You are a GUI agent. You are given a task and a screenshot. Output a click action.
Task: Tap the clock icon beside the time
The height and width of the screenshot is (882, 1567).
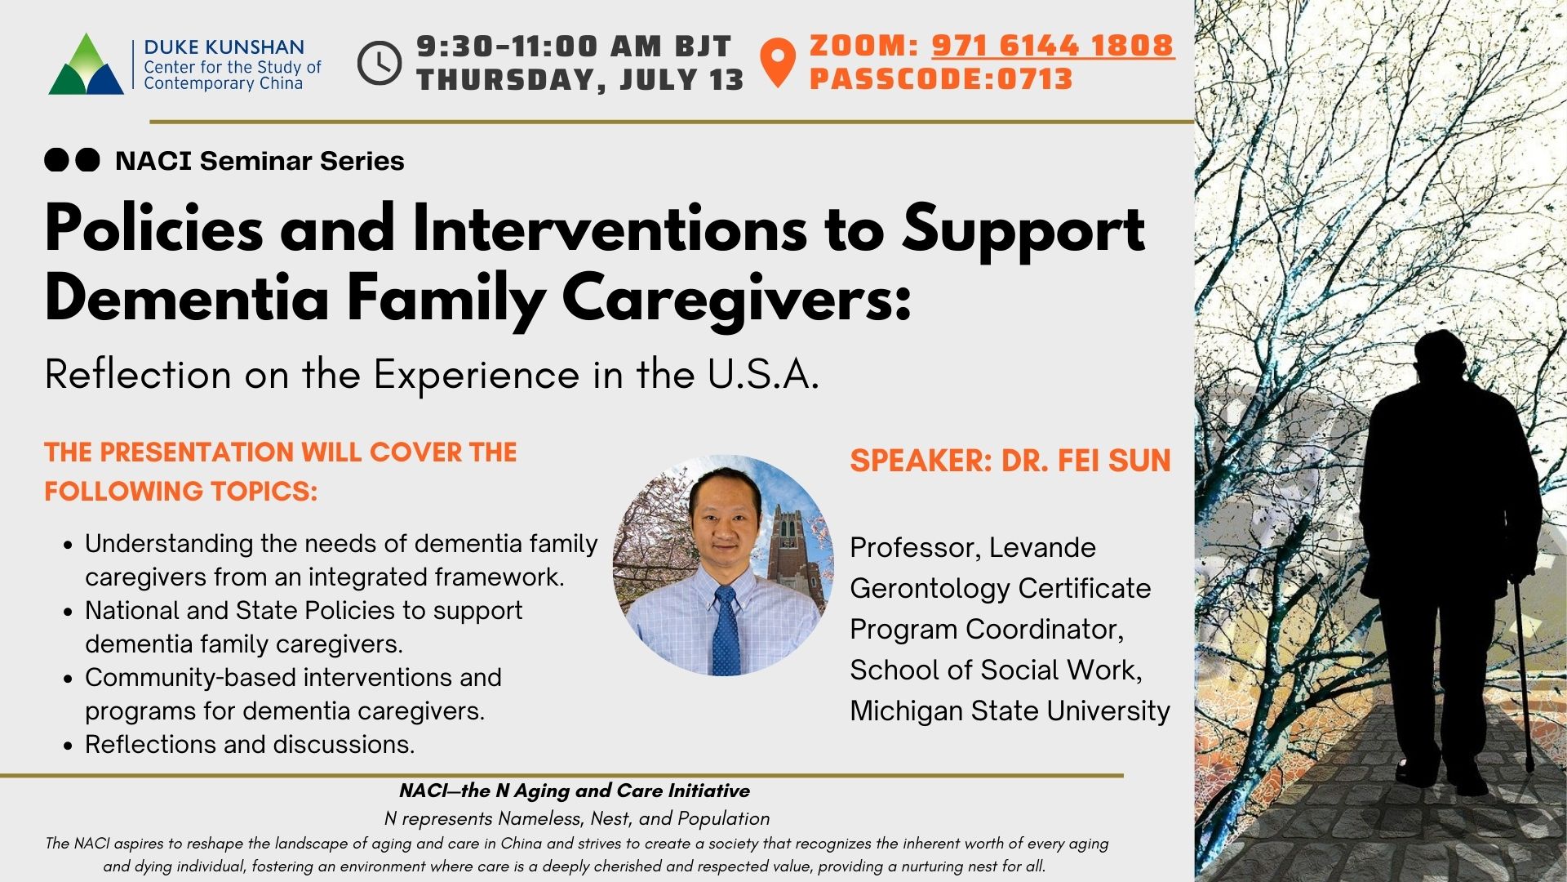point(380,63)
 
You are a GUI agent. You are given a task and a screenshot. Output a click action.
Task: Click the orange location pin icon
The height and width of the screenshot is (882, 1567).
point(778,62)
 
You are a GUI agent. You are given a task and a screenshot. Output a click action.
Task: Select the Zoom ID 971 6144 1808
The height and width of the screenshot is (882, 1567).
point(1053,45)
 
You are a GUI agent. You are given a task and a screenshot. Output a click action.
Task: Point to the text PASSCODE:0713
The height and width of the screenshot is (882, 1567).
point(941,79)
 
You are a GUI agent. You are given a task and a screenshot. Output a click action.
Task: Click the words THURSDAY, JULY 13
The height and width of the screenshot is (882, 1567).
point(580,80)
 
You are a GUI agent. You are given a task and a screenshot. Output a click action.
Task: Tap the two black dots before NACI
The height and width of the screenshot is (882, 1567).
point(72,160)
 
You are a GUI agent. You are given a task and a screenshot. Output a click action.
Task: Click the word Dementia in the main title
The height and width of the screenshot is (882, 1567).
point(187,298)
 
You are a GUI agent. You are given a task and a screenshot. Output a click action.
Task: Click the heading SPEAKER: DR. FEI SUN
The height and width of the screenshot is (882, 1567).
point(1010,461)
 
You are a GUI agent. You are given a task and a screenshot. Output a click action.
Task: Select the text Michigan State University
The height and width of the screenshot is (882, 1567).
point(1010,710)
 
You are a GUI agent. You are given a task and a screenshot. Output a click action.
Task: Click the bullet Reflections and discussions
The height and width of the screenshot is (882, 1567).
point(250,744)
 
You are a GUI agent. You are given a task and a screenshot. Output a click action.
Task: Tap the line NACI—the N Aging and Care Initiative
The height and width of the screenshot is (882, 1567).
point(575,791)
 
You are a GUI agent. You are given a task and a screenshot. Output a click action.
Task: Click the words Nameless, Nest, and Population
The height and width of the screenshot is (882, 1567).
point(634,818)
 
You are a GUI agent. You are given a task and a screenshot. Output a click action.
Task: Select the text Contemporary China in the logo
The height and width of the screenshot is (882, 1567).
point(223,83)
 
